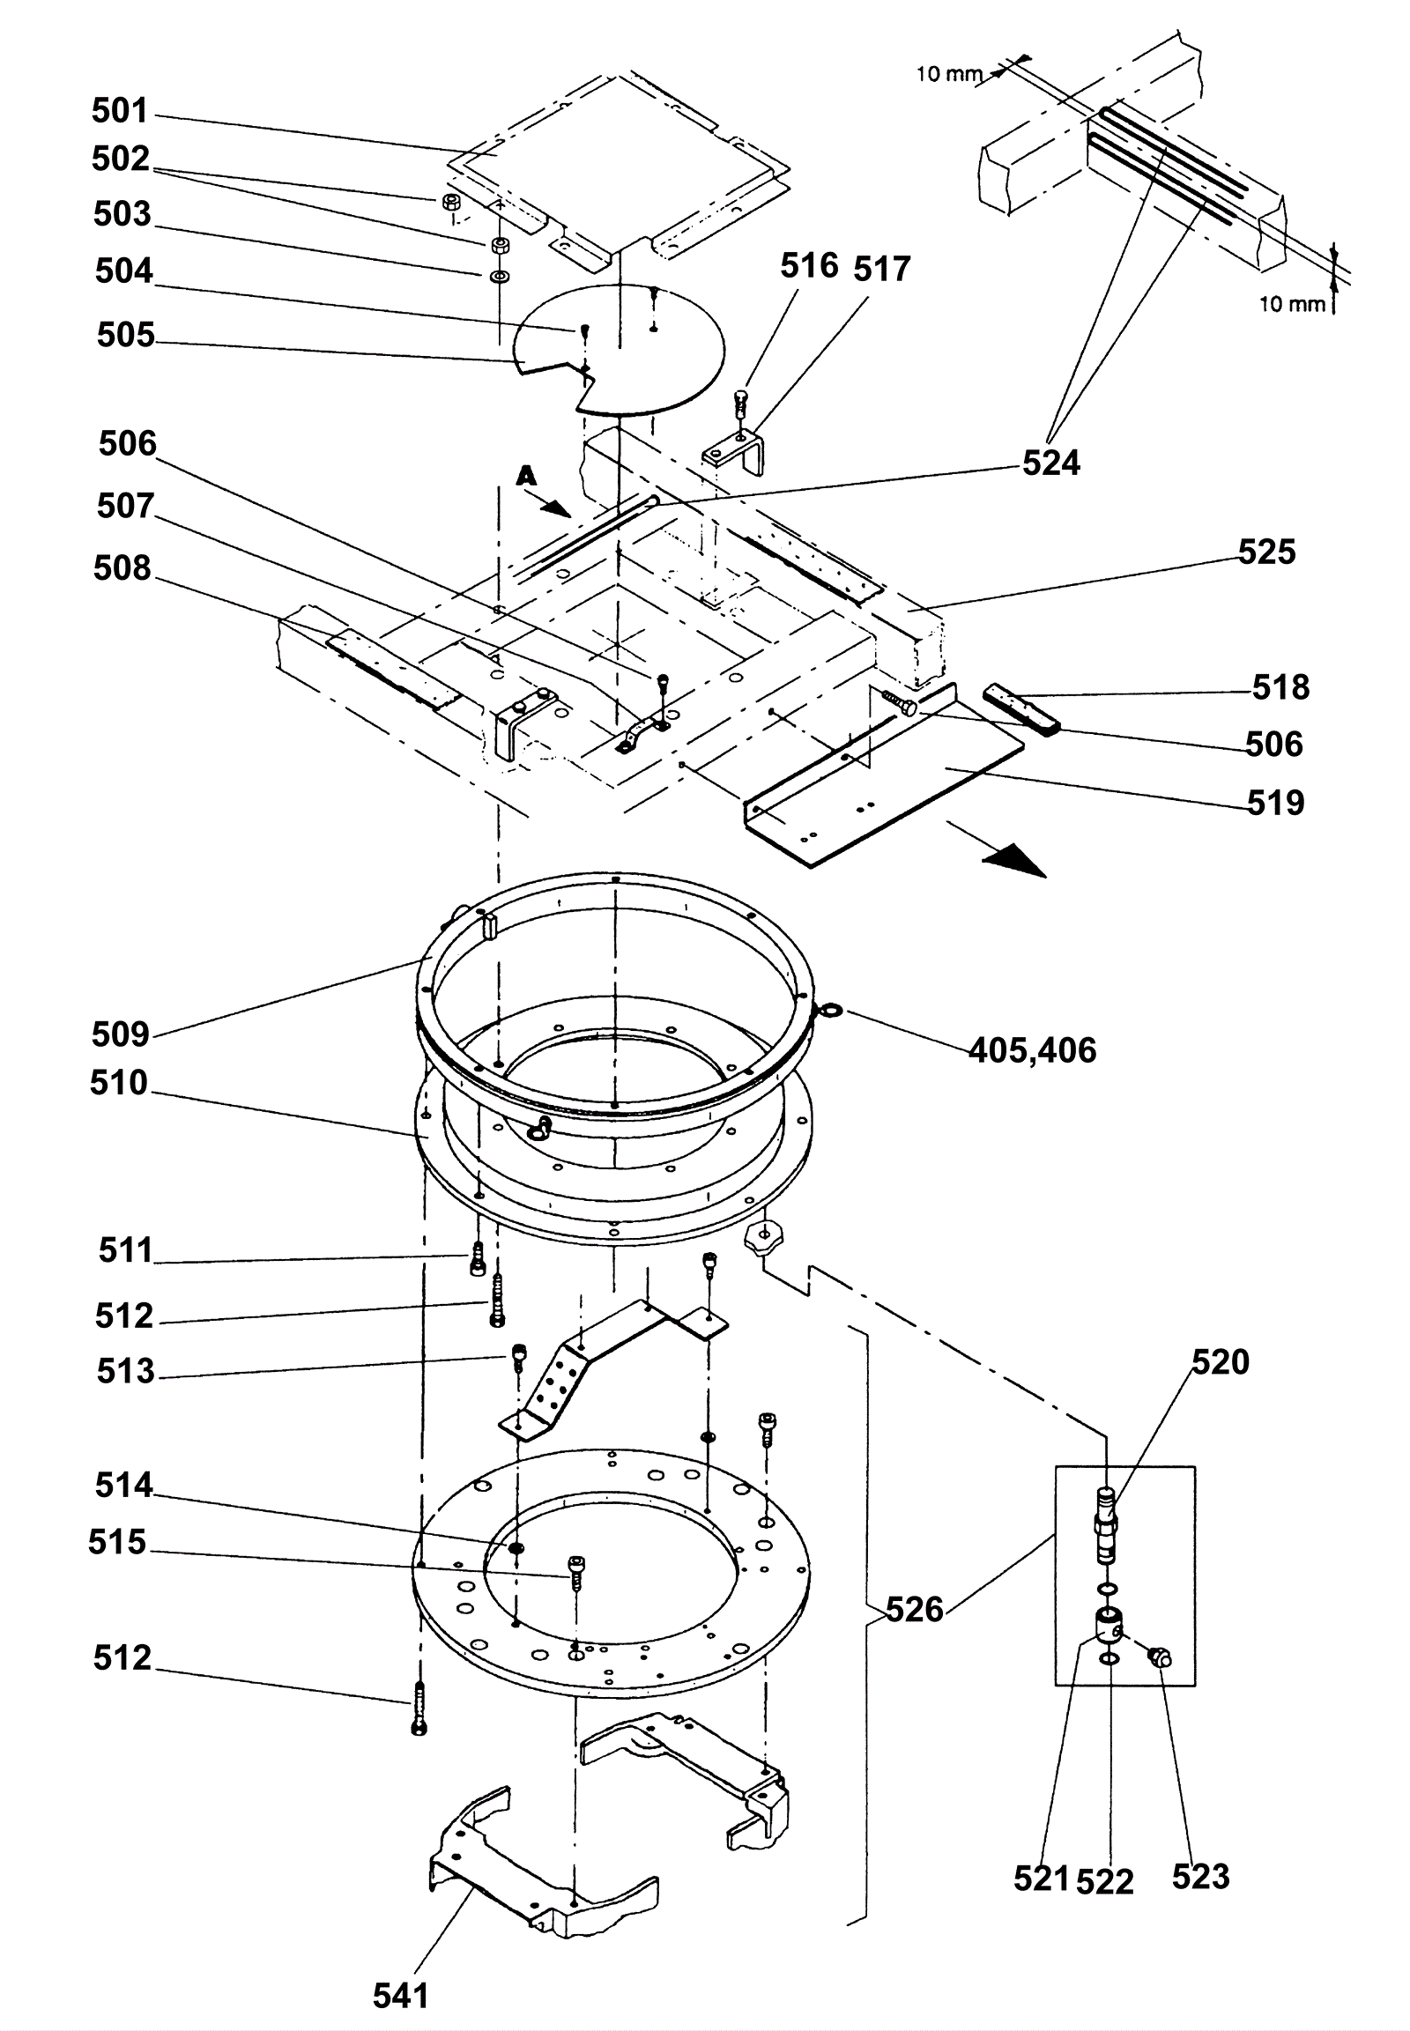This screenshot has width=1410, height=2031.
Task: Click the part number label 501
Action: click(120, 111)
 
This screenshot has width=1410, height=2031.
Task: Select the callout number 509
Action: click(121, 1034)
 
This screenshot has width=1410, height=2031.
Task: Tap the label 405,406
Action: click(1033, 1050)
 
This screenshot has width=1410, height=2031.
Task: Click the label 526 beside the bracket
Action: click(915, 1610)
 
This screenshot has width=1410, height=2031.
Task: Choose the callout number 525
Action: click(1267, 552)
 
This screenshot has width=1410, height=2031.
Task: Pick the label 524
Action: click(1051, 463)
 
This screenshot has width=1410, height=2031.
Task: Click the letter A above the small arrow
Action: click(526, 476)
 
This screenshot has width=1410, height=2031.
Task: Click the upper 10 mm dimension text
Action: click(949, 74)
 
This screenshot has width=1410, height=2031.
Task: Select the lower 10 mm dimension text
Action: click(1293, 305)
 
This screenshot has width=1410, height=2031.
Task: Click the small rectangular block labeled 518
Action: click(1021, 708)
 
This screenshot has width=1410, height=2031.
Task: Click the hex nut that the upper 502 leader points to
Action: click(449, 202)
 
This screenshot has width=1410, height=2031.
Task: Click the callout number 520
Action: click(1221, 1362)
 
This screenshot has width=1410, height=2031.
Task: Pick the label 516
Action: click(809, 265)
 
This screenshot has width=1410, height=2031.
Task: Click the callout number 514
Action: click(123, 1485)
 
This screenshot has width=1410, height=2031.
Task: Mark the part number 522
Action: click(1105, 1882)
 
